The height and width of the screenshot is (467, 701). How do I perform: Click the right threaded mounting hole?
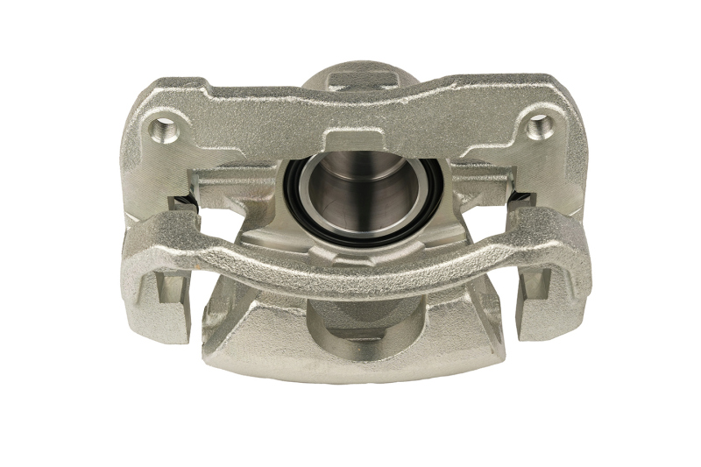click(x=541, y=128)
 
